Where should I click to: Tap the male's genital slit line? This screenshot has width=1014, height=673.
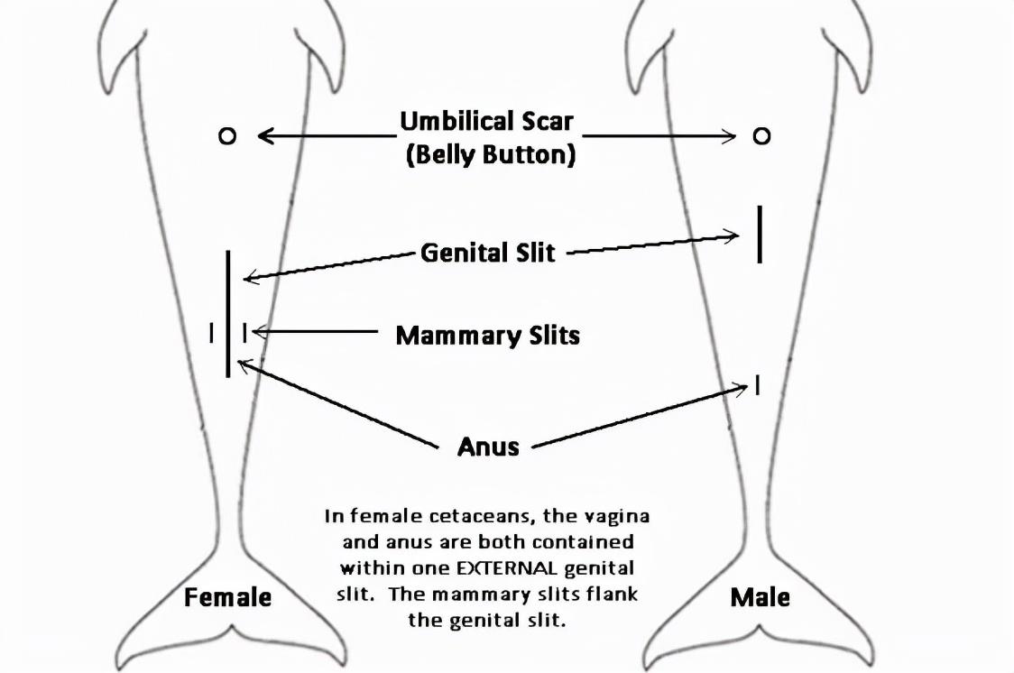click(760, 235)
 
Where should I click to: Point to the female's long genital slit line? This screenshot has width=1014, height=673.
click(227, 314)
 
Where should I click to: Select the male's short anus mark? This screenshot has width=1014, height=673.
click(757, 385)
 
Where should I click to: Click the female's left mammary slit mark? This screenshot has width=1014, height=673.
click(211, 333)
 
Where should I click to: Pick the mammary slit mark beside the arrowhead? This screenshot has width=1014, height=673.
click(244, 333)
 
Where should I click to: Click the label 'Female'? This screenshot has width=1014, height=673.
click(227, 596)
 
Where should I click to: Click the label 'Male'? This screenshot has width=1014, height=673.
click(760, 596)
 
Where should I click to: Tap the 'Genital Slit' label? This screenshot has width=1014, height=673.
click(487, 252)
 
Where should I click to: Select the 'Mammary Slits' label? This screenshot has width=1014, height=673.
click(487, 335)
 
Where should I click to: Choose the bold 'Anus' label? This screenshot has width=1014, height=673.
click(488, 446)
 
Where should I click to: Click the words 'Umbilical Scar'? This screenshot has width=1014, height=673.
click(486, 121)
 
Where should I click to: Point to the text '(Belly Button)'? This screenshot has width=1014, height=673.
click(491, 154)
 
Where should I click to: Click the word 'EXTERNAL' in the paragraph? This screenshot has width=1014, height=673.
click(506, 568)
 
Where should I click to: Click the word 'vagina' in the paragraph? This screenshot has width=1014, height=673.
click(617, 517)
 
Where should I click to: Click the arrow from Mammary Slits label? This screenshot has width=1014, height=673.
click(315, 332)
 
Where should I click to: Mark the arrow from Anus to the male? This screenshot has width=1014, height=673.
click(640, 417)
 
